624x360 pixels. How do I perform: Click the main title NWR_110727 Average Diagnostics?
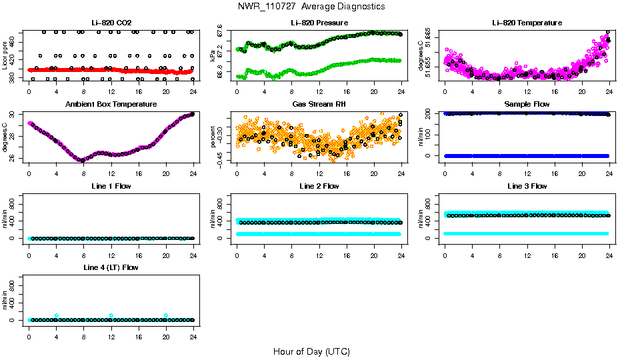click(x=311, y=7)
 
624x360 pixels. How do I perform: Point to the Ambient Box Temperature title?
click(x=111, y=105)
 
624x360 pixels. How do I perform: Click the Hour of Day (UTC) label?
click(x=311, y=351)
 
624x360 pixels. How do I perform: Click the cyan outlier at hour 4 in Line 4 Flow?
click(x=57, y=315)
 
